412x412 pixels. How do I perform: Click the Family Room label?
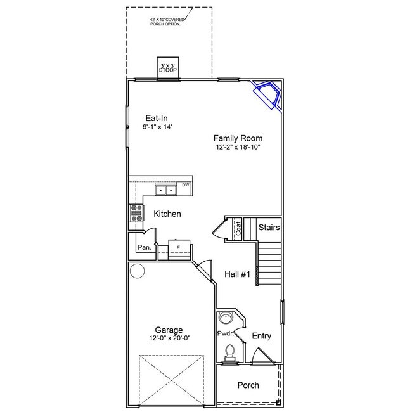(x=238, y=138)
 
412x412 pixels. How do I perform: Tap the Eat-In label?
(x=157, y=117)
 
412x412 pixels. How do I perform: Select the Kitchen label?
(x=167, y=214)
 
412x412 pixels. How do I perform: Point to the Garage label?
(x=169, y=330)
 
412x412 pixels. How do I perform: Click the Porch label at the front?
(x=248, y=385)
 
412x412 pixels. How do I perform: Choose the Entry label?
(x=262, y=336)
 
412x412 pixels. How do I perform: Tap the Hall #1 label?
(x=238, y=274)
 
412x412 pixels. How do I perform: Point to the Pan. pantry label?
(x=144, y=248)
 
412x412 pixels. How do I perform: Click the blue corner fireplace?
(x=268, y=95)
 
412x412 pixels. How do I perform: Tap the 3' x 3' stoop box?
(x=168, y=67)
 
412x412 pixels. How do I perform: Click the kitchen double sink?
(x=167, y=190)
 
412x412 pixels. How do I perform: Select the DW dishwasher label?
(x=186, y=185)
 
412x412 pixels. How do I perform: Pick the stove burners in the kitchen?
(x=136, y=214)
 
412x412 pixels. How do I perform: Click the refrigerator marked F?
(x=179, y=247)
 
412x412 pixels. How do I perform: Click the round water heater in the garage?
(x=137, y=271)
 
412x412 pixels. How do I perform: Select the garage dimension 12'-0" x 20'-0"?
(x=169, y=338)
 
